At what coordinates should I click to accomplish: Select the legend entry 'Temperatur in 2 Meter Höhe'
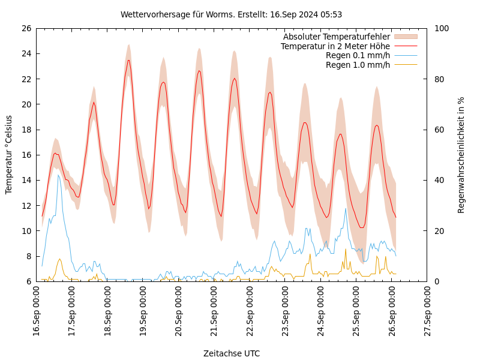pyautogui.click(x=335, y=46)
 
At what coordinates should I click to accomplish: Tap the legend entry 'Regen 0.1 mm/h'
pyautogui.click(x=358, y=55)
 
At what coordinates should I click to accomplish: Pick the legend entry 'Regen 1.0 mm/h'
pyautogui.click(x=358, y=65)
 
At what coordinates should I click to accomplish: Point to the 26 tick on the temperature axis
pyautogui.click(x=26, y=28)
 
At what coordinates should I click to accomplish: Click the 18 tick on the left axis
pyautogui.click(x=26, y=130)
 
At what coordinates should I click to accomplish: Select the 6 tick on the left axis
pyautogui.click(x=28, y=281)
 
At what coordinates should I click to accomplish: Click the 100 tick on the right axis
pyautogui.click(x=441, y=28)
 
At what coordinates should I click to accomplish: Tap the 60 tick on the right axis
pyautogui.click(x=439, y=130)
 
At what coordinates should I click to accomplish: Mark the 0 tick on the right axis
pyautogui.click(x=436, y=281)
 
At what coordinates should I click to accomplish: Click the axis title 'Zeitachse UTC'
pyautogui.click(x=232, y=353)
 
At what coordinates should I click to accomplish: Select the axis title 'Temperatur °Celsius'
pyautogui.click(x=9, y=155)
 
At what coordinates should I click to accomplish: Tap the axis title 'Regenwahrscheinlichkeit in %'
pyautogui.click(x=461, y=155)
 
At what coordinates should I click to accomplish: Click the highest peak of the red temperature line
pyautogui.click(x=128, y=60)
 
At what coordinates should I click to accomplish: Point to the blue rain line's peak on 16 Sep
pyautogui.click(x=58, y=175)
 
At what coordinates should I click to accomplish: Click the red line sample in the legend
pyautogui.click(x=406, y=46)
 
